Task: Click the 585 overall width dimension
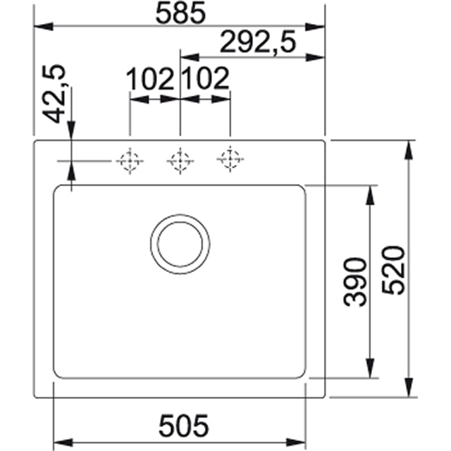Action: click(x=180, y=13)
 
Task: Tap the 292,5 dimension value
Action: click(x=258, y=42)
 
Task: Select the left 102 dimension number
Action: click(x=150, y=78)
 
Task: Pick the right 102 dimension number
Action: click(x=206, y=78)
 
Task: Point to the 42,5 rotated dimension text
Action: click(x=54, y=94)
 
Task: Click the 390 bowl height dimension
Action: click(x=355, y=281)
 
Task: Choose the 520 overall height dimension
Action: click(x=393, y=271)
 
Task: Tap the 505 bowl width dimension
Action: click(x=183, y=426)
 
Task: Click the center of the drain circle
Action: click(x=180, y=245)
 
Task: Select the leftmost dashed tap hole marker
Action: click(x=130, y=161)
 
